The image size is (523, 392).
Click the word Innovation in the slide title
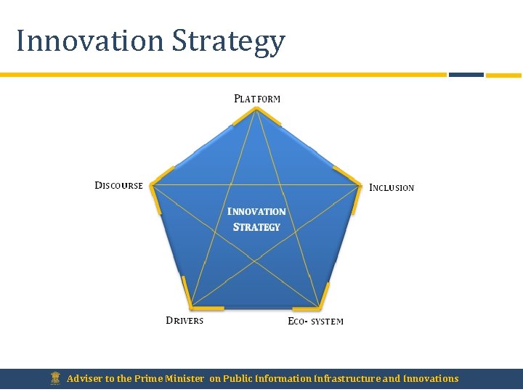(x=90, y=41)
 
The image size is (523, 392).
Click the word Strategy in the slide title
(x=228, y=42)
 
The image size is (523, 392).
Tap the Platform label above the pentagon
(x=257, y=99)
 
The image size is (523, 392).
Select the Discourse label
(x=119, y=186)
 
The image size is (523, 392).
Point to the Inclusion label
(x=392, y=188)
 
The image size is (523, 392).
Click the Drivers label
(x=185, y=321)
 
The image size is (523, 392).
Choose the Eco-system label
(x=315, y=322)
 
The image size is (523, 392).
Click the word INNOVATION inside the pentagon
(x=256, y=212)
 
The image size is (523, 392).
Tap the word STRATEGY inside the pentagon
(x=256, y=227)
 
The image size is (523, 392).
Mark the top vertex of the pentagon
(x=256, y=109)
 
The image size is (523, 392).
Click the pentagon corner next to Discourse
(x=152, y=186)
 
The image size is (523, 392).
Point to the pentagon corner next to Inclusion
(x=360, y=186)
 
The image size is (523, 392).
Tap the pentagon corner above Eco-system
(x=319, y=306)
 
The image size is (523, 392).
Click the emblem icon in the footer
(x=55, y=378)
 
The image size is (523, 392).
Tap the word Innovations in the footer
(x=431, y=378)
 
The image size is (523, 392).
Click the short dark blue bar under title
(x=466, y=74)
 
